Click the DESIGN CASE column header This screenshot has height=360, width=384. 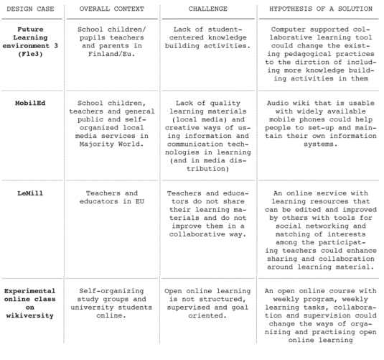pyautogui.click(x=31, y=8)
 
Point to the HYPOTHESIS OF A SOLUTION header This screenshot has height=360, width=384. pyautogui.click(x=320, y=8)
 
